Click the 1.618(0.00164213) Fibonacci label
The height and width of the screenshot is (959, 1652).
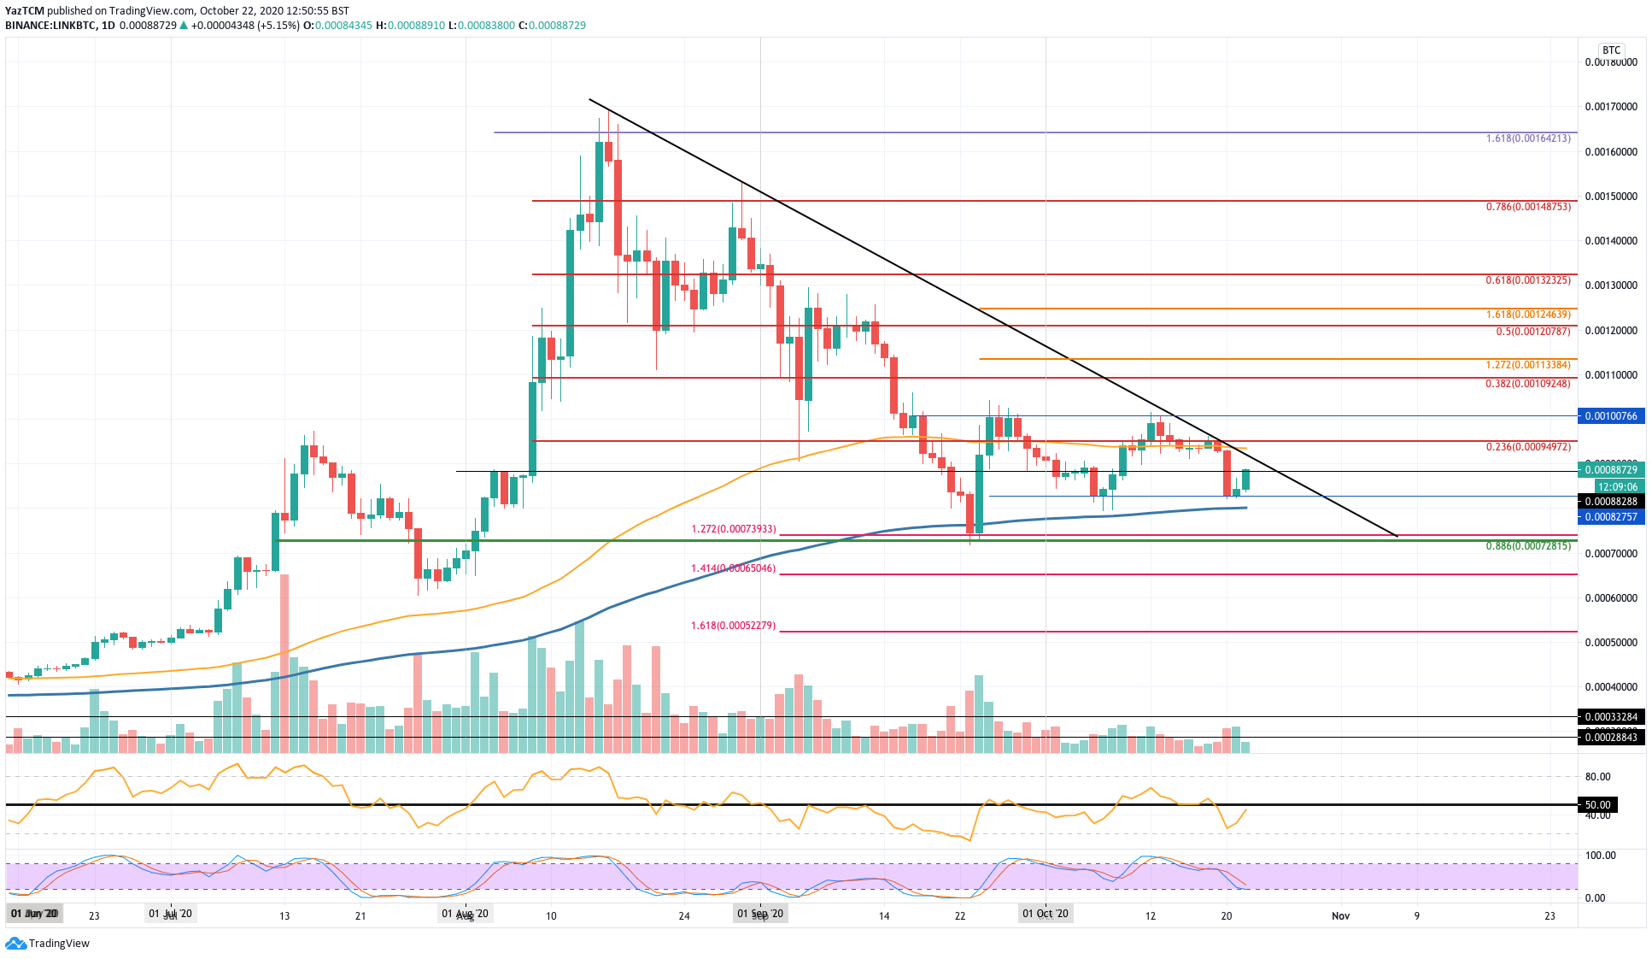(1527, 138)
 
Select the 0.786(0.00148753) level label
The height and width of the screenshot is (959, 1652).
(1527, 207)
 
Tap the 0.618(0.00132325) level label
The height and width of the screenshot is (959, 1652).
(1527, 280)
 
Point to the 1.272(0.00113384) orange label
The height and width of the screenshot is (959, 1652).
(1527, 365)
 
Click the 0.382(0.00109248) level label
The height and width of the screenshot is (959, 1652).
(1527, 384)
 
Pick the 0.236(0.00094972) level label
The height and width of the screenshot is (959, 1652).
(1527, 447)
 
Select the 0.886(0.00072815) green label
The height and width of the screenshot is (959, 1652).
(1527, 546)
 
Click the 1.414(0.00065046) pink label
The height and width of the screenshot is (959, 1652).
(733, 568)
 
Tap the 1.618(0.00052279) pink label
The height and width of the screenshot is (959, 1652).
(733, 626)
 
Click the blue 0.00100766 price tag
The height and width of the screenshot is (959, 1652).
(1611, 416)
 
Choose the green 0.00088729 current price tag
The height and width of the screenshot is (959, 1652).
(1611, 470)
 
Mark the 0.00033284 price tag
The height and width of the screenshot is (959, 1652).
(1611, 717)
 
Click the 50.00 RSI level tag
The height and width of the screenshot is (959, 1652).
(1597, 805)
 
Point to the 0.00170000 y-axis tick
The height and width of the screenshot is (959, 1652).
(1611, 107)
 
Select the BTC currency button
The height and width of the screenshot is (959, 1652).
(1611, 50)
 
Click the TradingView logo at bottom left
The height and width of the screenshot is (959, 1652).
(48, 944)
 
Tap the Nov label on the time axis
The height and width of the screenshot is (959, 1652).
(1340, 915)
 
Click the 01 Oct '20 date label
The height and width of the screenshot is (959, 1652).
(1046, 914)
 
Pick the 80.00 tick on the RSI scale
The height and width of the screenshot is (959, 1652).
(1597, 777)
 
